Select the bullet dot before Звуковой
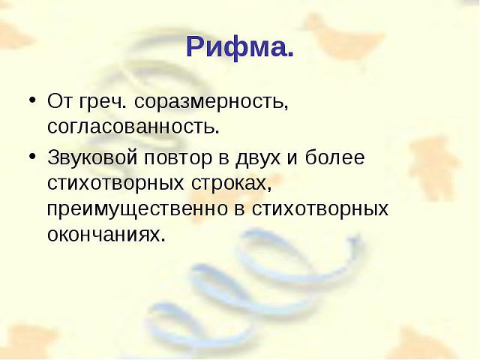[x=33, y=156]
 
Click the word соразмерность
[x=211, y=101]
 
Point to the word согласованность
[x=133, y=126]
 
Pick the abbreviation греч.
[x=103, y=102]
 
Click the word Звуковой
[x=92, y=157]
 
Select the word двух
[x=258, y=158]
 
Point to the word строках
[x=232, y=184]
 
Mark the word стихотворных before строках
[x=115, y=184]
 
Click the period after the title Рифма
[x=290, y=55]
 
